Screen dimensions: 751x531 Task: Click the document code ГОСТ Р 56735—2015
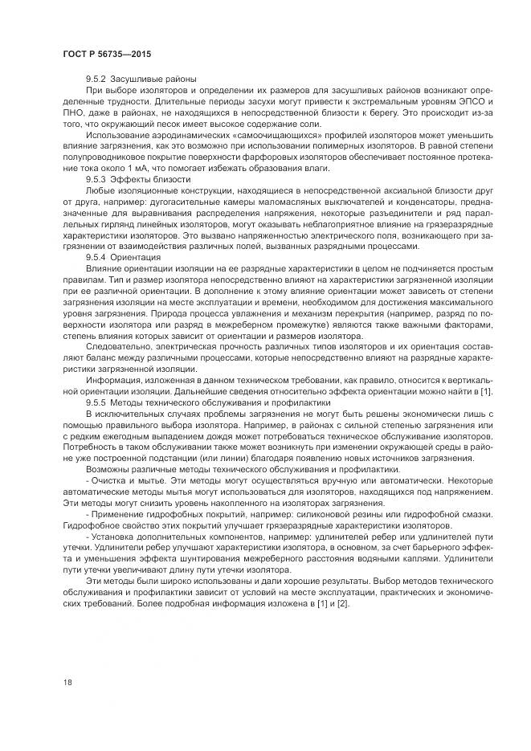(x=108, y=54)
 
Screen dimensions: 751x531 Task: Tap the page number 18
(x=67, y=683)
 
